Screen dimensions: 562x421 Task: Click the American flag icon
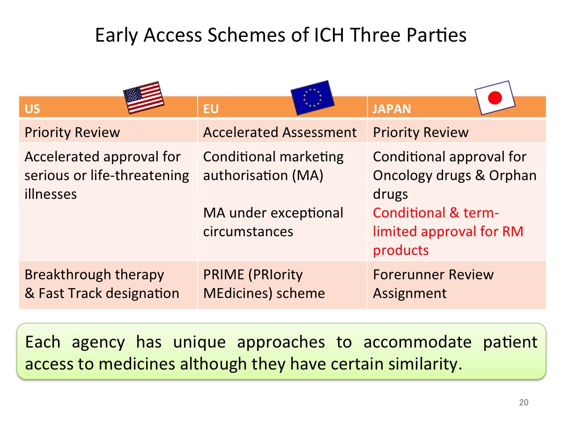[x=144, y=98]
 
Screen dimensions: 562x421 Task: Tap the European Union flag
[x=312, y=98]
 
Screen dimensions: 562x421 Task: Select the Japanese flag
[x=495, y=98]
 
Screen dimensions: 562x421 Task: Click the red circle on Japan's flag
[x=495, y=98]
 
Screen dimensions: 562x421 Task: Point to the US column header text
[x=32, y=109]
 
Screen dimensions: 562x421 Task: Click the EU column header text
[x=211, y=109]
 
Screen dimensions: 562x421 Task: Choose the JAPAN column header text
[x=392, y=109]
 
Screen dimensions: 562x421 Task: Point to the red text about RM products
[x=448, y=232]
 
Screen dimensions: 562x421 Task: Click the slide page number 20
[x=524, y=402]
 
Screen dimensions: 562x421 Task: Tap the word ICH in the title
[x=328, y=35]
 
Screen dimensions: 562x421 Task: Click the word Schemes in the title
[x=246, y=35]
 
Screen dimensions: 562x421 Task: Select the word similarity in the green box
[x=425, y=364]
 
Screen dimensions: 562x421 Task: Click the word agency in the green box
[x=98, y=343]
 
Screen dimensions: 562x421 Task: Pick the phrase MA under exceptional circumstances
[x=273, y=222]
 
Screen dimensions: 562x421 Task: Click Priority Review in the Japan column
[x=421, y=132]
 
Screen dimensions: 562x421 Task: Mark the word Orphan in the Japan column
[x=512, y=175]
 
